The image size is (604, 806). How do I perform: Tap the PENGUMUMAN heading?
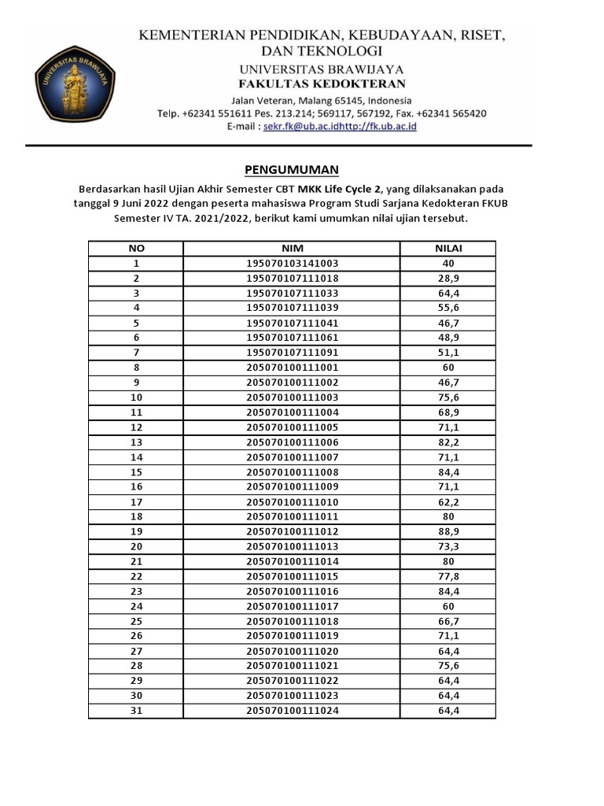click(x=291, y=169)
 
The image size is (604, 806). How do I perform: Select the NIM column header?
click(x=292, y=249)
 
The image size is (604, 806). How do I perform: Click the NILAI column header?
click(x=448, y=249)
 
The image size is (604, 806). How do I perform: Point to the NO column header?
click(x=136, y=249)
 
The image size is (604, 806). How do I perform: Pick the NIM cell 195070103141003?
click(x=292, y=264)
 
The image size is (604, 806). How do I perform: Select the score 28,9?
click(x=448, y=279)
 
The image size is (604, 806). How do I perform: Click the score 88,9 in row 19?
click(x=448, y=531)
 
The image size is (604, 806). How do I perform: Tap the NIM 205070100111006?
click(x=292, y=442)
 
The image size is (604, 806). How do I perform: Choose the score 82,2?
click(x=448, y=442)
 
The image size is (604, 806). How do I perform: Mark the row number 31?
click(x=136, y=711)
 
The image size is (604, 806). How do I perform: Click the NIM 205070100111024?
click(x=292, y=711)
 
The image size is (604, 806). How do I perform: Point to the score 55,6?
click(x=448, y=308)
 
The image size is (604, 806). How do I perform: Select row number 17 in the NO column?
click(x=136, y=501)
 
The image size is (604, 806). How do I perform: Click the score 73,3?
click(x=448, y=546)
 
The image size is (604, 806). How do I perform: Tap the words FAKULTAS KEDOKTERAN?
click(x=322, y=84)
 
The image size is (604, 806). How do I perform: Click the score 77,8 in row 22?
click(x=448, y=576)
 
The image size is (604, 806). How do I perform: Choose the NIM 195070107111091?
click(x=292, y=353)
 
